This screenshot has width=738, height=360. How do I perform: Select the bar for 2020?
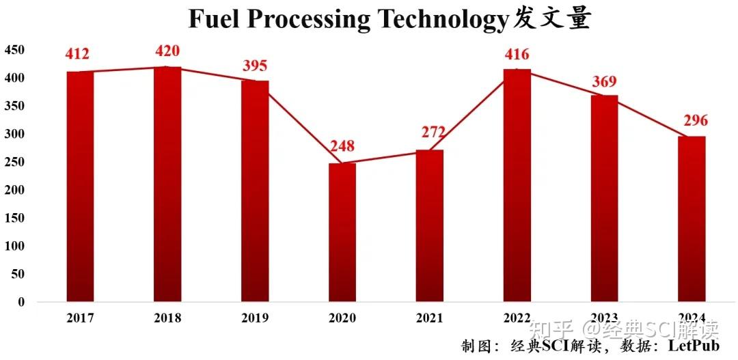tap(342, 232)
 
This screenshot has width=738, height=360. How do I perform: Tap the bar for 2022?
tap(517, 185)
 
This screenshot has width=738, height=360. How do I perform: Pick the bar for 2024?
tap(692, 219)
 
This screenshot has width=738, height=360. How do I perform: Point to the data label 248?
tap(342, 146)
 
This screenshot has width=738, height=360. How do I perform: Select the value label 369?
tap(604, 81)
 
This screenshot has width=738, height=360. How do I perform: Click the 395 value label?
tap(255, 66)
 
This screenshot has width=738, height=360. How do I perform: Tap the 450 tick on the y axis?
tap(15, 50)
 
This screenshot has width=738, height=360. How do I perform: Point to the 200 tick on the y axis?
tap(15, 190)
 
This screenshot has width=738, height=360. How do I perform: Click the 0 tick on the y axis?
tap(21, 302)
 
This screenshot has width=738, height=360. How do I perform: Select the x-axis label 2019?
tap(255, 318)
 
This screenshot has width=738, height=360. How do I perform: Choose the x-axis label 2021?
tap(429, 318)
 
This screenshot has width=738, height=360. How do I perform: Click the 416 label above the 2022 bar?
tap(517, 54)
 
